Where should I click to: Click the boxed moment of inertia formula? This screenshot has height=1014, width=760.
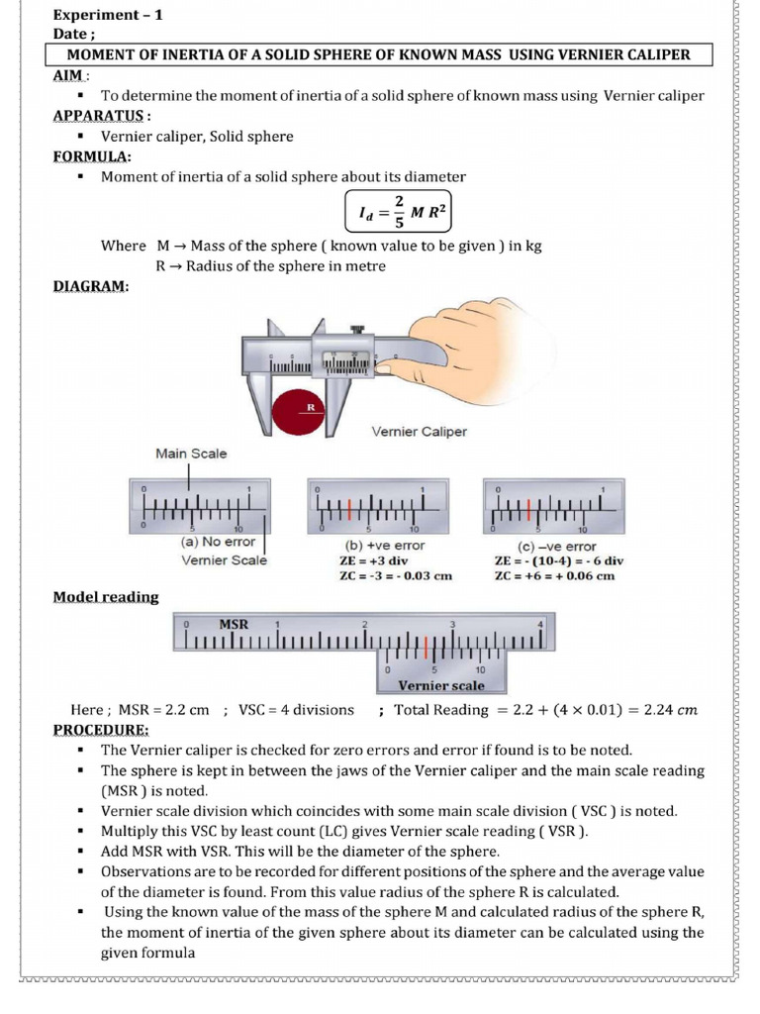[x=396, y=209]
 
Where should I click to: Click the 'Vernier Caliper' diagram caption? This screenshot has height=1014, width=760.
[x=419, y=432]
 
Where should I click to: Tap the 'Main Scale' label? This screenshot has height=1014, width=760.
[x=191, y=454]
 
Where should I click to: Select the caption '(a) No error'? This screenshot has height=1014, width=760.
[x=218, y=542]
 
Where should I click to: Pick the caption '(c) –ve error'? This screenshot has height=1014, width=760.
[x=557, y=546]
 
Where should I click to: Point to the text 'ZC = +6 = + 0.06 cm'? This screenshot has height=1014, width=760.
[x=554, y=575]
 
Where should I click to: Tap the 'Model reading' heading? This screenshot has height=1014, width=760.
[x=105, y=597]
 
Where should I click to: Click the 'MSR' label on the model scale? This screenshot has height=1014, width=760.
[x=234, y=625]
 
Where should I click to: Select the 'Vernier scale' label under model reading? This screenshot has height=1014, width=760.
[x=440, y=685]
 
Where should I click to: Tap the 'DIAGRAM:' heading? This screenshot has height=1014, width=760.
[x=90, y=286]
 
